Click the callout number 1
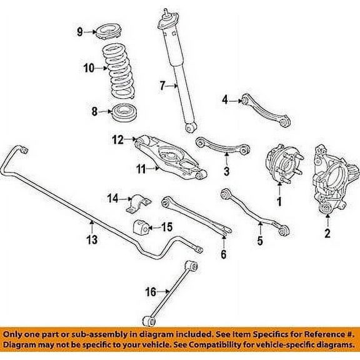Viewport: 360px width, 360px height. [279, 201]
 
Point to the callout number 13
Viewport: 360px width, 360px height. [92, 239]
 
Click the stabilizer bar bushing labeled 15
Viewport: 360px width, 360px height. [141, 227]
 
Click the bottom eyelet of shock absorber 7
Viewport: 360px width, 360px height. [188, 128]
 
